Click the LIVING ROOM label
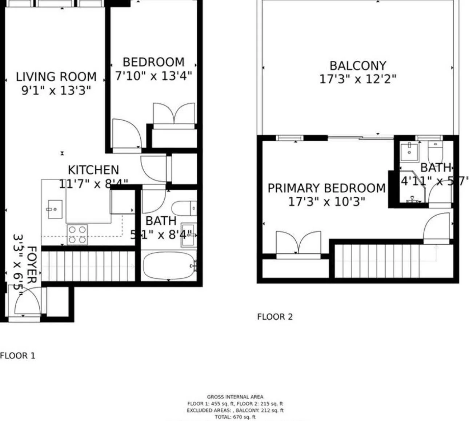point(56,77)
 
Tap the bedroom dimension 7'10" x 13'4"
point(153,76)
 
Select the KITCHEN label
point(93,170)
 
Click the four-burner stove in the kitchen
point(77,234)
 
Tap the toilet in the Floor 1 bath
point(183,208)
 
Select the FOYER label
point(32,265)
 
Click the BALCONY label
point(357,66)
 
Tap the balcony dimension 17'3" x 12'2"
point(357,79)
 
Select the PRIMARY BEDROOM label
point(326,188)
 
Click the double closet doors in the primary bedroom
point(298,243)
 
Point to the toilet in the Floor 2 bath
point(435,152)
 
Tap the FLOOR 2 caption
point(274,317)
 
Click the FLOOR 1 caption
point(18,356)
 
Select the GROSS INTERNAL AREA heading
point(235,397)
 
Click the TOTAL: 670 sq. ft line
point(235,417)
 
